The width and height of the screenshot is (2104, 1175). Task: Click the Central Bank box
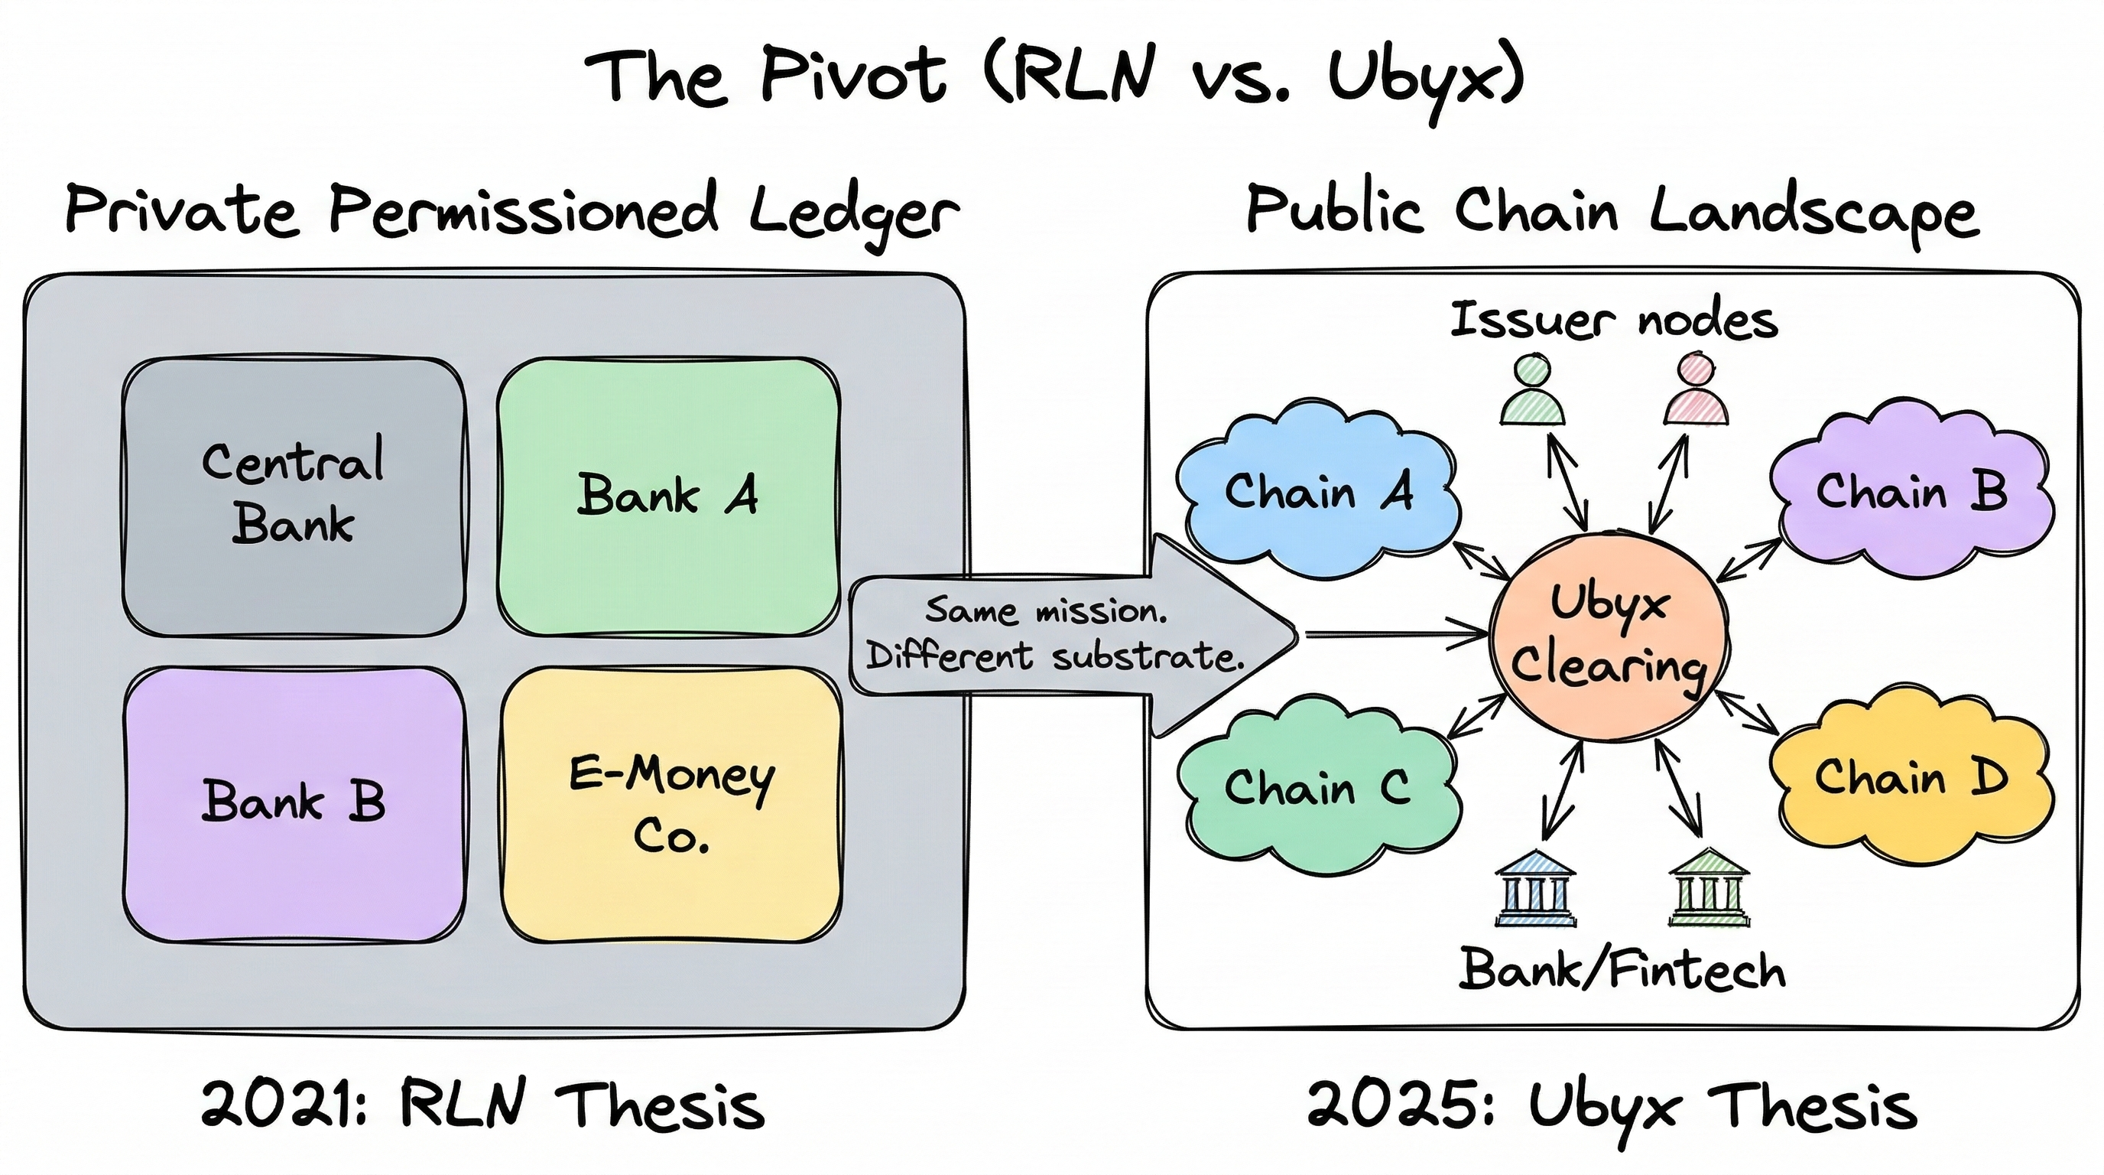294,495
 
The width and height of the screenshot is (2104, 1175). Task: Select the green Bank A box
668,495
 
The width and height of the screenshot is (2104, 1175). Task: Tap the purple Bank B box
294,802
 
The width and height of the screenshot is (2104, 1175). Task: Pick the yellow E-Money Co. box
671,804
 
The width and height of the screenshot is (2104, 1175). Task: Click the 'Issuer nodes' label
1614,321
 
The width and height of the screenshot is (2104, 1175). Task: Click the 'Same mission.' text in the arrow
1047,610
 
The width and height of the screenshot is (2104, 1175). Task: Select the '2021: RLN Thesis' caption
482,1105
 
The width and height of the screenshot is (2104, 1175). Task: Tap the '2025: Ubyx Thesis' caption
1612,1105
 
